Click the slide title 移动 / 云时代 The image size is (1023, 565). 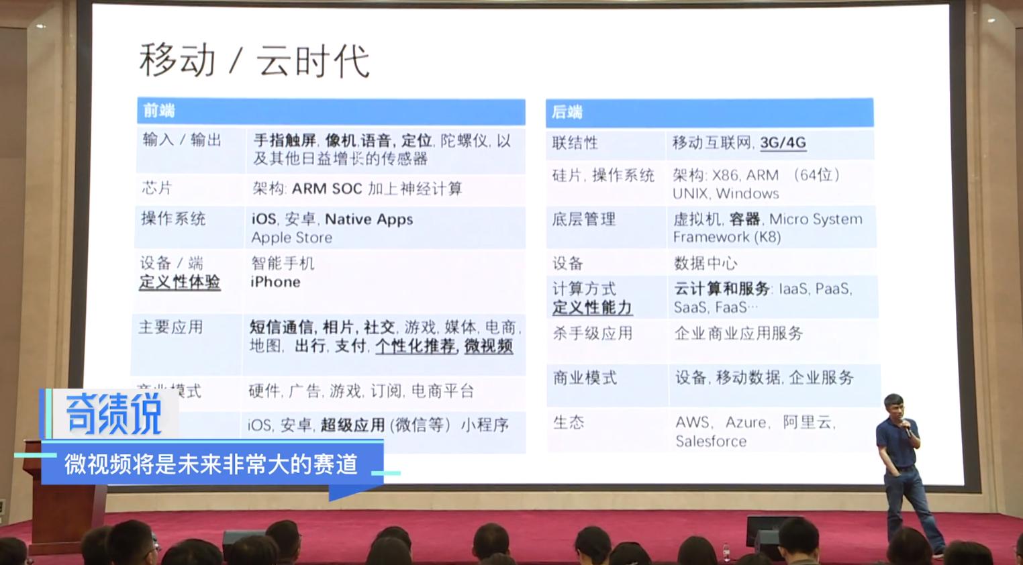(254, 60)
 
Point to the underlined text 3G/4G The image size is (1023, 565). (783, 142)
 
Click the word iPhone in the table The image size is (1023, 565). (275, 282)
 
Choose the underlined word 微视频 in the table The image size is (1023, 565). (489, 346)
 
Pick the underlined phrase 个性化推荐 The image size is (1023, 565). (415, 346)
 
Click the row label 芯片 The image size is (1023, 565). (156, 188)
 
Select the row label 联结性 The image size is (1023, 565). (575, 143)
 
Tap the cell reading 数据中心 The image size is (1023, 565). (705, 263)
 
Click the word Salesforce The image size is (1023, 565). (710, 441)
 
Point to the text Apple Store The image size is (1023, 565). (291, 238)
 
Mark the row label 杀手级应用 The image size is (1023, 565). (592, 333)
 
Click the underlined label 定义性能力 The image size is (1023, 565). (592, 308)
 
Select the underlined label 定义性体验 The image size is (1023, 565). (179, 282)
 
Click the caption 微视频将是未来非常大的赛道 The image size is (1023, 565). (211, 464)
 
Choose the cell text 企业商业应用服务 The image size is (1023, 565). (738, 333)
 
